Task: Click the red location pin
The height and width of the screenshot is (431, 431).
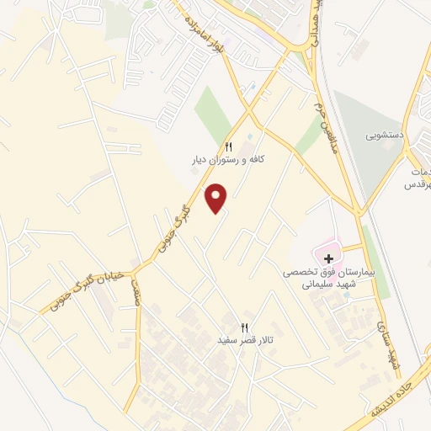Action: [x=218, y=197]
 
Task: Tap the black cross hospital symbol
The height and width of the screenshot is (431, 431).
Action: [x=327, y=257]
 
